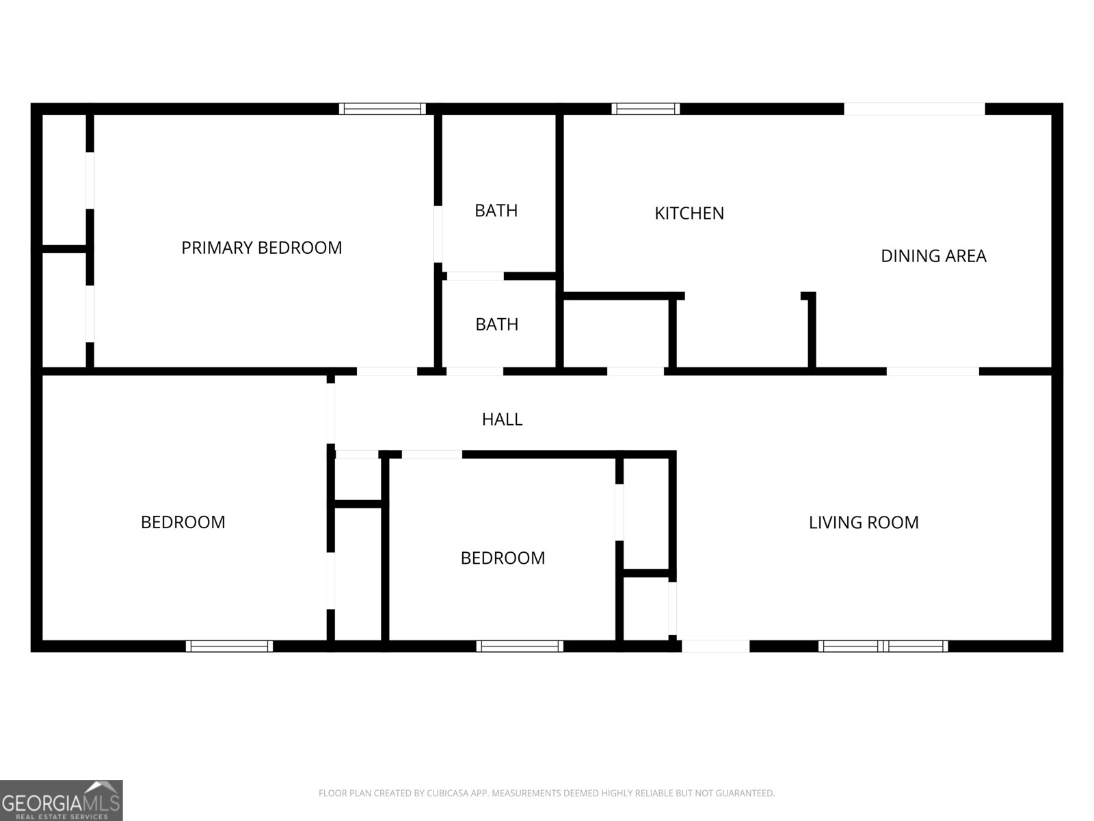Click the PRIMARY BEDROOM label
pos(262,248)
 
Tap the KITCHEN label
pos(689,213)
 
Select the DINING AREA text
pos(933,256)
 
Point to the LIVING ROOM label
pos(864,523)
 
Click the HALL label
pos(502,419)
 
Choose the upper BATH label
pos(496,210)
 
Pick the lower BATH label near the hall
pos(496,324)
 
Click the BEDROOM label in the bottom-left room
pos(183,523)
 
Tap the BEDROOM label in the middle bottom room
pos(503,558)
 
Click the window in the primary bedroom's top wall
pos(382,109)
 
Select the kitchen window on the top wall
pos(645,109)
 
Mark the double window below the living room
pos(883,646)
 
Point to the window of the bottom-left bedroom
pos(229,646)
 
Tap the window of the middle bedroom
pos(520,646)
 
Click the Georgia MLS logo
pos(62,800)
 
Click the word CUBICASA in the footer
pos(446,793)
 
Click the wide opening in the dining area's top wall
pos(914,109)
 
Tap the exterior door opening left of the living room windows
pos(715,646)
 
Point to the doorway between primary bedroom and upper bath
pos(438,234)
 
